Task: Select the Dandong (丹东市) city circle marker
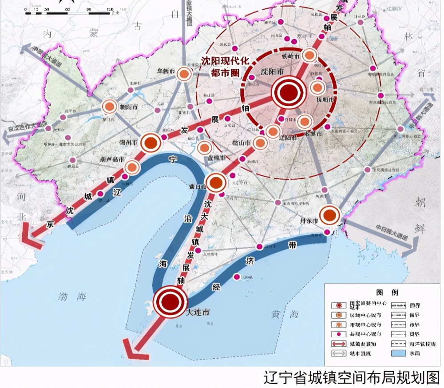(x=329, y=215)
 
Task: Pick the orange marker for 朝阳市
(x=109, y=107)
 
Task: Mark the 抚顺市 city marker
(x=317, y=87)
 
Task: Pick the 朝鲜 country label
(x=419, y=218)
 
